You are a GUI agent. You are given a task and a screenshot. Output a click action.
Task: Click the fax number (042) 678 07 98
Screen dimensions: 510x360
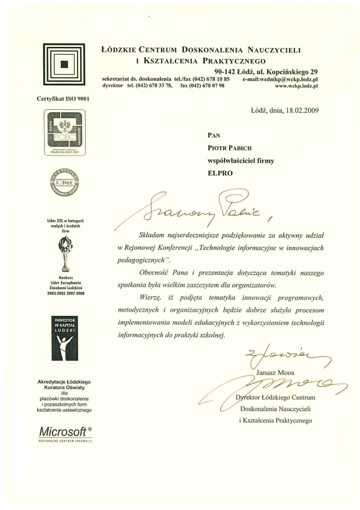point(202,86)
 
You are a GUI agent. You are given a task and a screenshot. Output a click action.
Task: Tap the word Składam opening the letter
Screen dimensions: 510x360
point(155,235)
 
